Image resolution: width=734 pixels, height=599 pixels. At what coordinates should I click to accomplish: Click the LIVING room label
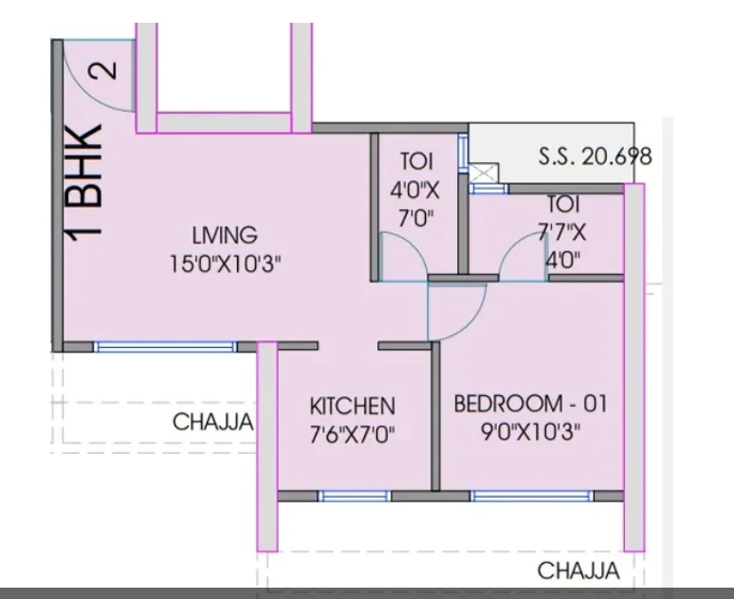(x=225, y=234)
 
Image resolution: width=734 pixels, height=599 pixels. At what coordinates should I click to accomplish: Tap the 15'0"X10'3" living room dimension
(x=225, y=263)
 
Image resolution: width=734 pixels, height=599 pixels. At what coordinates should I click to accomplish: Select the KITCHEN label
(x=353, y=406)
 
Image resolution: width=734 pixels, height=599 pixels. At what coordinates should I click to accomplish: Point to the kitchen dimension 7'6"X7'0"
(x=353, y=435)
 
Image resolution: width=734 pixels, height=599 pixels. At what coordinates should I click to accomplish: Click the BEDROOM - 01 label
(x=530, y=404)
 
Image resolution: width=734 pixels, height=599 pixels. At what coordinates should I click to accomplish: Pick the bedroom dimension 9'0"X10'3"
(x=531, y=432)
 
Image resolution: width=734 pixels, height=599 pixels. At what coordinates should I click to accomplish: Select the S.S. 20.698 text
(x=595, y=155)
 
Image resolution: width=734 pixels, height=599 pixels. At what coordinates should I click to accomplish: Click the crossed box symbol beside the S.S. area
(x=484, y=173)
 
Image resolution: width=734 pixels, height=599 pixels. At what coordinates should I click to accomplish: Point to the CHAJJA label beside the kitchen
(x=213, y=422)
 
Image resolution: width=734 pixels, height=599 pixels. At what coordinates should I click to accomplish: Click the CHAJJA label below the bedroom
(x=578, y=571)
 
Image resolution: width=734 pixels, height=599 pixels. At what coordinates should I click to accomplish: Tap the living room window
(x=166, y=347)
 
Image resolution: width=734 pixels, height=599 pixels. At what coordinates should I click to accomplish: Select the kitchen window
(x=355, y=496)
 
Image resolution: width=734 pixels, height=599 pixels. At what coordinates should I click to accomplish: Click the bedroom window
(x=532, y=496)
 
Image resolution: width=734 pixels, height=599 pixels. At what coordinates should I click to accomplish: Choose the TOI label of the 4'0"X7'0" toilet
(x=416, y=161)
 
